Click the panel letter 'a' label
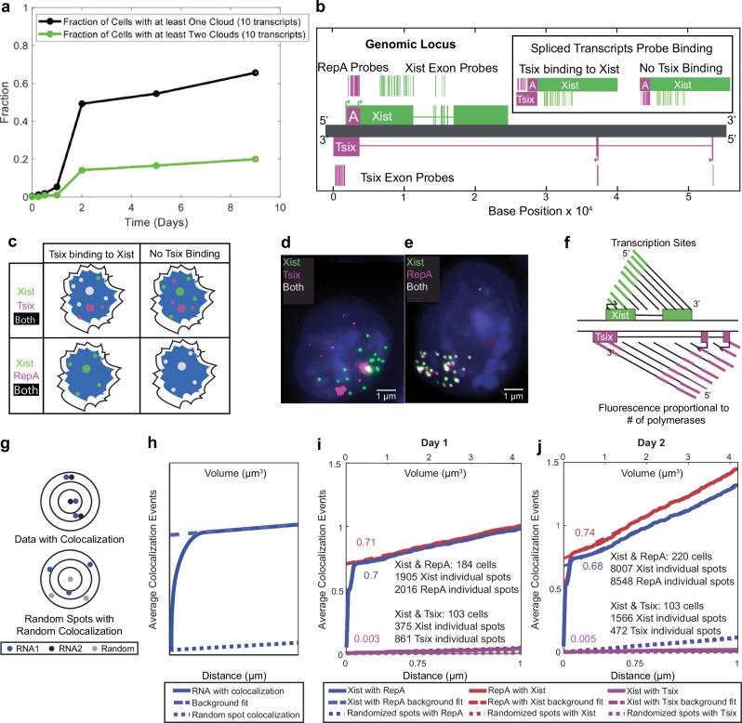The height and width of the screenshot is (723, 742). [x=8, y=8]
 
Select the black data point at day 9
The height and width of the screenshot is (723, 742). [x=282, y=72]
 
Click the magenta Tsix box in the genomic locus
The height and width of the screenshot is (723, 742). [x=344, y=146]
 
